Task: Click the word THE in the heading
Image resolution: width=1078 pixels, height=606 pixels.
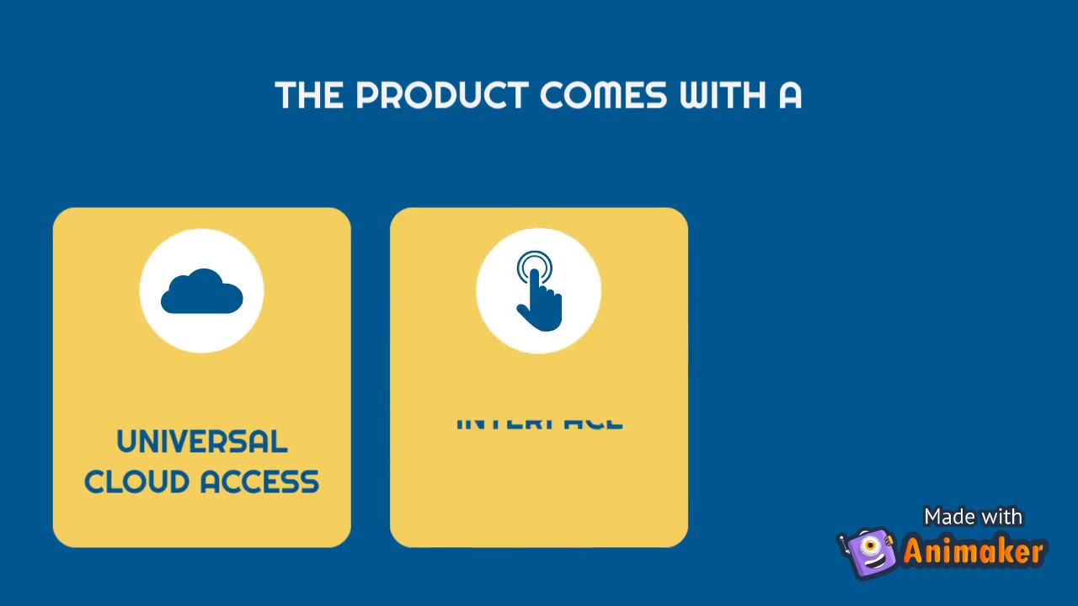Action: click(x=309, y=96)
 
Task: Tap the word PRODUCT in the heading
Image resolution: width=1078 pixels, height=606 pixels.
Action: click(x=442, y=96)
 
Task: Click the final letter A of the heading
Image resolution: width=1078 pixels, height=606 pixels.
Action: click(x=790, y=96)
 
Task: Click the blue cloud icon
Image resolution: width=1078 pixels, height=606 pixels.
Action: click(x=202, y=291)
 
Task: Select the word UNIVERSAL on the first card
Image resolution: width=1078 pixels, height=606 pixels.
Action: click(x=202, y=442)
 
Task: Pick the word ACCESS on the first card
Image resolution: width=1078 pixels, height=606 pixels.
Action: click(x=260, y=482)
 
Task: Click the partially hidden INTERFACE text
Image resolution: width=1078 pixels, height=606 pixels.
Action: click(x=539, y=423)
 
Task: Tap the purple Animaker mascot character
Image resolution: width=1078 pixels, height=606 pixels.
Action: click(x=869, y=553)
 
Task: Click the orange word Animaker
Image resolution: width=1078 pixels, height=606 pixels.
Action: click(x=974, y=552)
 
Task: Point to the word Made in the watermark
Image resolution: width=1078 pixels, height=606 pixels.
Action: click(x=948, y=517)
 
